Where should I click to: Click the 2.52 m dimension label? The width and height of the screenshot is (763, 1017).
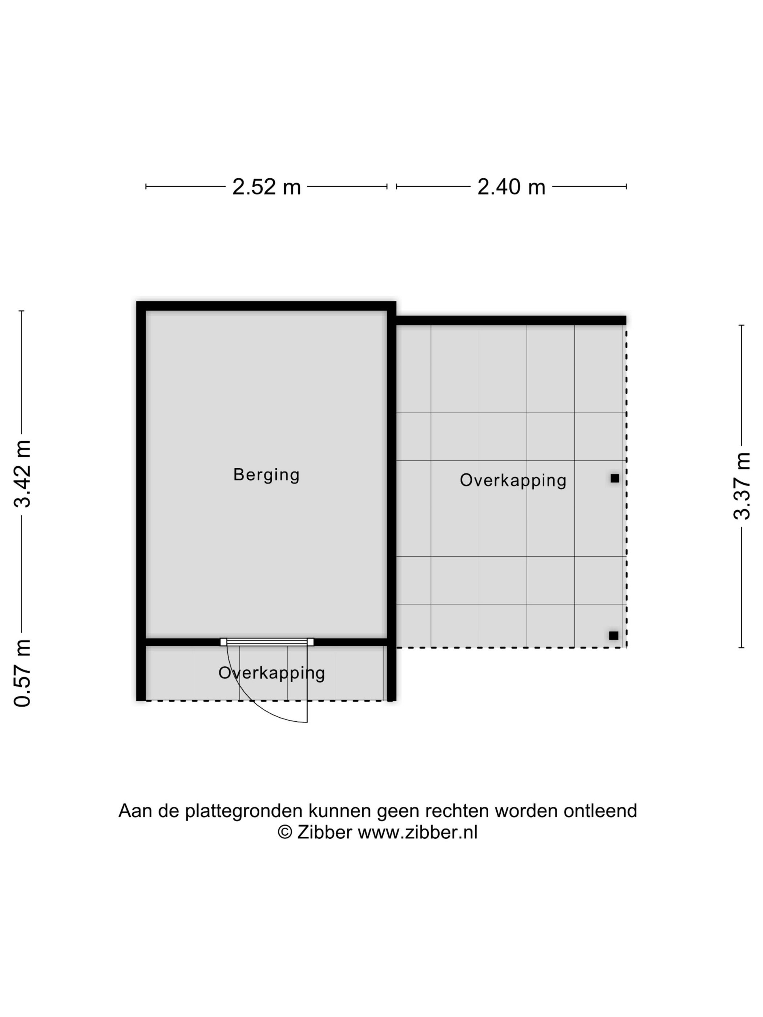tap(266, 187)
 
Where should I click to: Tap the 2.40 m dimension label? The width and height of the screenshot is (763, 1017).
tap(511, 187)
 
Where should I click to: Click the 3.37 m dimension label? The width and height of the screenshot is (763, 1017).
tap(742, 486)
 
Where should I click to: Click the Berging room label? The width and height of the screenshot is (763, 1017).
tap(266, 474)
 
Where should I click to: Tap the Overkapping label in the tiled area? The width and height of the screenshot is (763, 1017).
tap(513, 480)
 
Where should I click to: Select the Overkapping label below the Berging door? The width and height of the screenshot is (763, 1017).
tap(271, 673)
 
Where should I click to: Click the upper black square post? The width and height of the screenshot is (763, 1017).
tap(614, 478)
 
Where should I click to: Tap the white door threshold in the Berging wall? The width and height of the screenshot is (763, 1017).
tap(267, 642)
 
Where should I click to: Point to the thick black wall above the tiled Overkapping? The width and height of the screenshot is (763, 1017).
tap(510, 320)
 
